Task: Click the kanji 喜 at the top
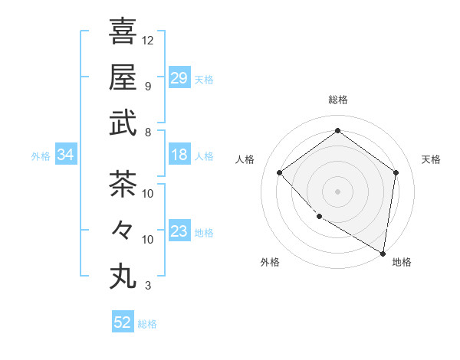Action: click(123, 32)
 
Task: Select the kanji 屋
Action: click(123, 77)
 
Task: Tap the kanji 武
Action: click(123, 123)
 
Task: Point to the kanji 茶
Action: click(123, 184)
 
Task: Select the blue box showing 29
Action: click(179, 78)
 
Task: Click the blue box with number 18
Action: click(179, 155)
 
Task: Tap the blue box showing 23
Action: click(179, 231)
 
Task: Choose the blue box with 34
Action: click(66, 155)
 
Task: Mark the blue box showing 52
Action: click(123, 322)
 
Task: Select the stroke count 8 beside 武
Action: click(148, 132)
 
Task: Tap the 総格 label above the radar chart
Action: click(338, 100)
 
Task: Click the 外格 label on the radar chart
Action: click(270, 262)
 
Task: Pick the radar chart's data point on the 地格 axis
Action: click(383, 253)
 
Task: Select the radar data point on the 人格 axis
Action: click(280, 172)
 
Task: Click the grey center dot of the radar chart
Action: click(338, 191)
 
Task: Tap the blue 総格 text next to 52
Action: click(147, 324)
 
